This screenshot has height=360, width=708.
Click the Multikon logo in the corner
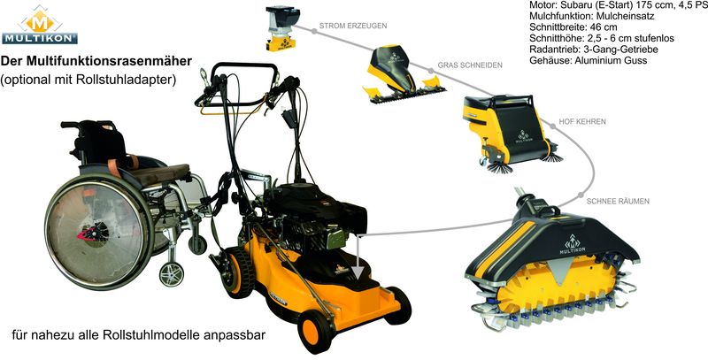click(39, 25)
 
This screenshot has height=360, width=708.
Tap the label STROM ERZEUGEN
click(352, 26)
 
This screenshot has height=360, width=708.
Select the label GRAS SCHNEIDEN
click(470, 65)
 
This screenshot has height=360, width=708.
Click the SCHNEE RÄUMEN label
click(618, 201)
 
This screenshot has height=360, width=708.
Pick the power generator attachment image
click(281, 28)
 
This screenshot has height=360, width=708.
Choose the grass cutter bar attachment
click(404, 73)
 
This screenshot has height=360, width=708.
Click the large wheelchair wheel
click(99, 231)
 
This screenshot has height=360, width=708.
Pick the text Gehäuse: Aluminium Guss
click(588, 60)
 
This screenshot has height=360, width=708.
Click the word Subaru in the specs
click(572, 6)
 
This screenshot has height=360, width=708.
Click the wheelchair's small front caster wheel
click(172, 273)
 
